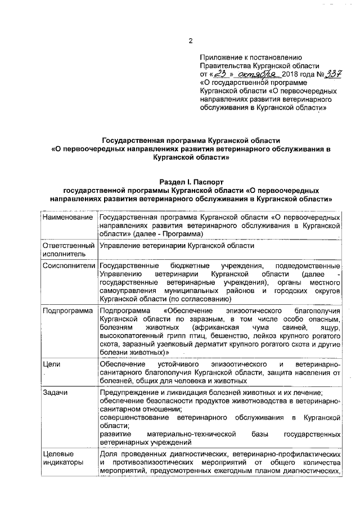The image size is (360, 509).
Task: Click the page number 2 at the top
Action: [x=191, y=40]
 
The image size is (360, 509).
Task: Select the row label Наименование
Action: [x=67, y=217]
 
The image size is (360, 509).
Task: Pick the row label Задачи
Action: [x=55, y=392]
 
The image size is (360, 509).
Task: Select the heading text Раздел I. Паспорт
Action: [x=191, y=182]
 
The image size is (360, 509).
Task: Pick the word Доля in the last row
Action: [x=108, y=454]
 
